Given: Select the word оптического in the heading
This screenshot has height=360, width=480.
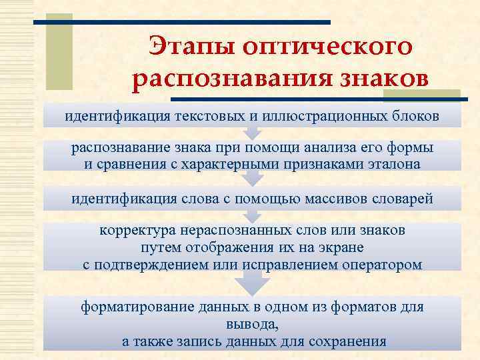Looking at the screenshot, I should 327,49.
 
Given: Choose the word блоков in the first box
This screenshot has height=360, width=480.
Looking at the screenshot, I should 414,116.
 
